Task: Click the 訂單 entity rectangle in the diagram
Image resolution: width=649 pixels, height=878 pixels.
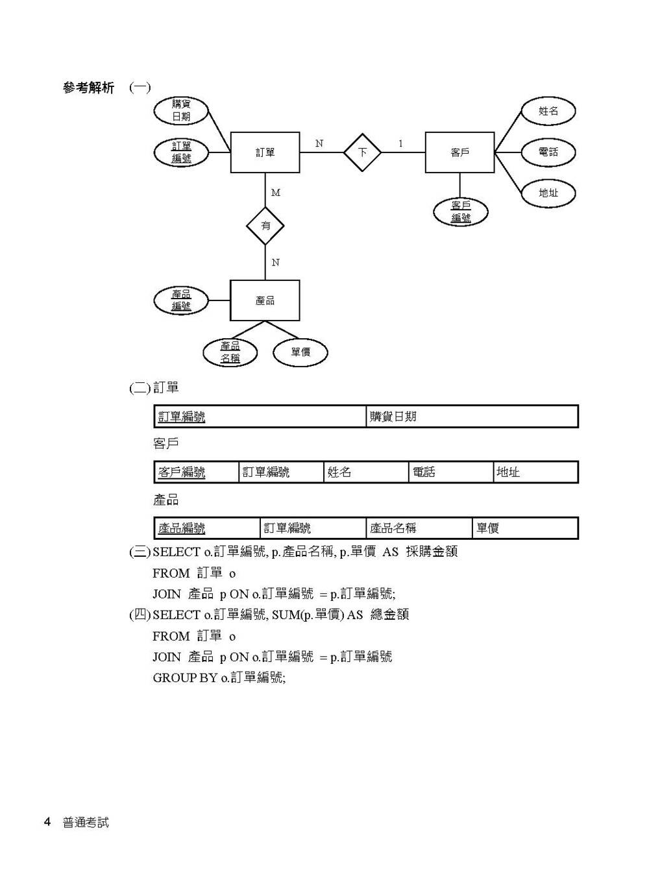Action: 265,152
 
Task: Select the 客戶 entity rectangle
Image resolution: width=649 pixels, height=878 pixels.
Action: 459,152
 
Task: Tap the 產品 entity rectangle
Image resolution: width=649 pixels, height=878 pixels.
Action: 265,300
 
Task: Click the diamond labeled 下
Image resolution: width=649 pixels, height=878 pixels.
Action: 362,152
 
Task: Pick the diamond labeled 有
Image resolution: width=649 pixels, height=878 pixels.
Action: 265,226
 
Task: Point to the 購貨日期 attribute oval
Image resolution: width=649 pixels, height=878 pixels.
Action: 181,111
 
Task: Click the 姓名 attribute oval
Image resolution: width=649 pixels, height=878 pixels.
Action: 548,111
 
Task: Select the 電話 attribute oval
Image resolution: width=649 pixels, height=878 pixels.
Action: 548,152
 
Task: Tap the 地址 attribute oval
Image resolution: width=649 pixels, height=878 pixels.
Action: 548,193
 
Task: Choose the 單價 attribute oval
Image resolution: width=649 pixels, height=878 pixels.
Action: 300,352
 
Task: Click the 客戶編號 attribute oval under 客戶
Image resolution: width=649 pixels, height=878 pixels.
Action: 461,212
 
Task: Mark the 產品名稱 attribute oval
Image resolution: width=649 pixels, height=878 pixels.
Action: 230,352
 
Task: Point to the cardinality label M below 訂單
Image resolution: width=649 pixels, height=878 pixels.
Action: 276,193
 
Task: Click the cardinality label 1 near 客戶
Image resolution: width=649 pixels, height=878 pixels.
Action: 400,143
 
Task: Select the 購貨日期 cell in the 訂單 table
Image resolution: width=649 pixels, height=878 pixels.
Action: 472,417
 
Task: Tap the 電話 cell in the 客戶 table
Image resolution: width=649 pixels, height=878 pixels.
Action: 451,472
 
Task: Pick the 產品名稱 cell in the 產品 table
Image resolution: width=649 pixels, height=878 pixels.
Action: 419,528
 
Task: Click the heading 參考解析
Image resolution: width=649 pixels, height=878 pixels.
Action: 88,88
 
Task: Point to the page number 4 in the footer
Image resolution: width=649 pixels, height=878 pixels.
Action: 47,822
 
